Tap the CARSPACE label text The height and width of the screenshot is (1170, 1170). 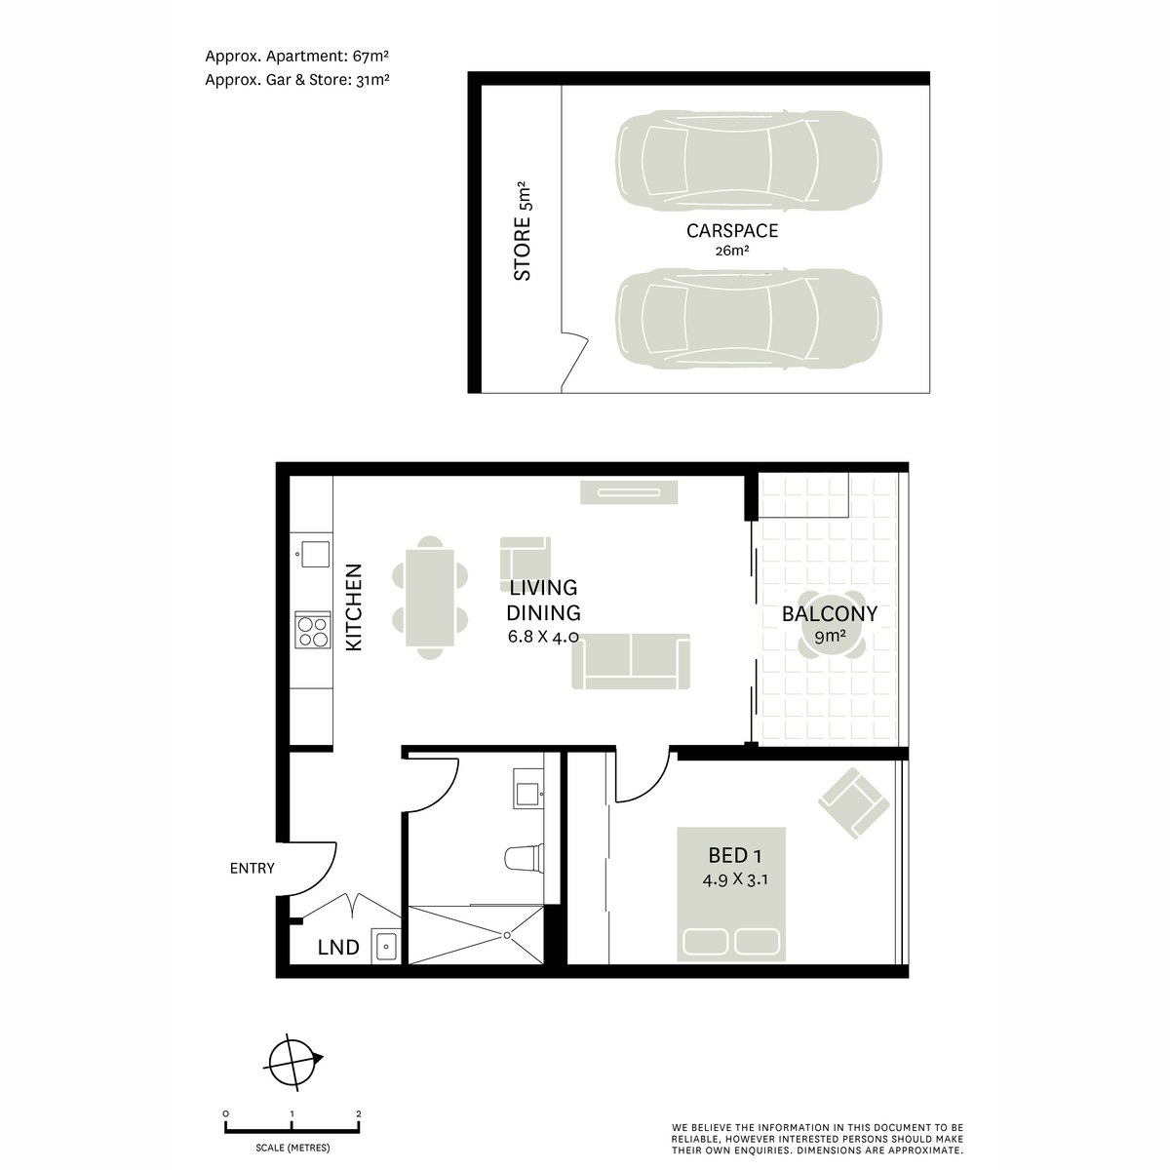click(x=732, y=231)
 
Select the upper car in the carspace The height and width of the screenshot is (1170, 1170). click(x=748, y=161)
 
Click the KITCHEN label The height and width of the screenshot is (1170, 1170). click(x=355, y=607)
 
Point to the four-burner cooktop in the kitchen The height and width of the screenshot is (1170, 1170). click(x=313, y=630)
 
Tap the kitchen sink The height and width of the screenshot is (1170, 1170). click(x=315, y=555)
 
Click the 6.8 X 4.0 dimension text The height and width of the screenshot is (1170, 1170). click(x=543, y=638)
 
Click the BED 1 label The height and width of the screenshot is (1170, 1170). click(x=734, y=856)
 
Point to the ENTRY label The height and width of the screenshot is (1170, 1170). click(x=252, y=868)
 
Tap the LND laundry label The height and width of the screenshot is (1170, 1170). click(x=338, y=947)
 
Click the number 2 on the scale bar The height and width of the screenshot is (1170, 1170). click(x=359, y=1113)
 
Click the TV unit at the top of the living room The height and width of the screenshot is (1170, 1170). click(x=629, y=492)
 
